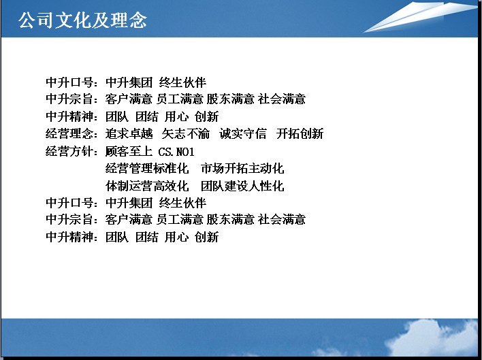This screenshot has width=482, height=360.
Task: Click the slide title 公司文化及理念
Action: coord(82,20)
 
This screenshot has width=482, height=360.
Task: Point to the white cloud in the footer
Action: coord(430,338)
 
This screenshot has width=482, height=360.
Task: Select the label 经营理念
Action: coord(69,133)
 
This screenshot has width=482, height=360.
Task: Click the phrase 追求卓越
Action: coord(129,133)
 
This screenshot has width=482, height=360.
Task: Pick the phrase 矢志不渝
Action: coord(186,133)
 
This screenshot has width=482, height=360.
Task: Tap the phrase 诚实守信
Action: coord(243,133)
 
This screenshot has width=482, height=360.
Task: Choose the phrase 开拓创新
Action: coord(300,133)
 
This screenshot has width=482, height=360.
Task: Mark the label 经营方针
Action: coord(69,151)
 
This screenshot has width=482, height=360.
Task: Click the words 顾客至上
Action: coord(129,151)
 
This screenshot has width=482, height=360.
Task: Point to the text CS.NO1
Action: coord(176,152)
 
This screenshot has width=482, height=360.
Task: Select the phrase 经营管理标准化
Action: coord(147,168)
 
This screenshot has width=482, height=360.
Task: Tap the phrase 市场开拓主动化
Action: coord(242,168)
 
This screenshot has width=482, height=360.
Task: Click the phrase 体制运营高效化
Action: coord(147,186)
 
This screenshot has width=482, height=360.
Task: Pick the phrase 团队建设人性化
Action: coord(242,186)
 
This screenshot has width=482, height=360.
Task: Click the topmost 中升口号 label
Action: coord(69,82)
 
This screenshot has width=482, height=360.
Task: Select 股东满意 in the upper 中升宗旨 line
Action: coord(231,99)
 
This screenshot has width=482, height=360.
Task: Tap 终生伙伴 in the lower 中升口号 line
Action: coord(182,203)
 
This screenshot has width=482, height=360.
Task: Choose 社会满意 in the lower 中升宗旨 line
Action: coord(282,219)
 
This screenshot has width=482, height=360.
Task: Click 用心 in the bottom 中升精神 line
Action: coord(176,237)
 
